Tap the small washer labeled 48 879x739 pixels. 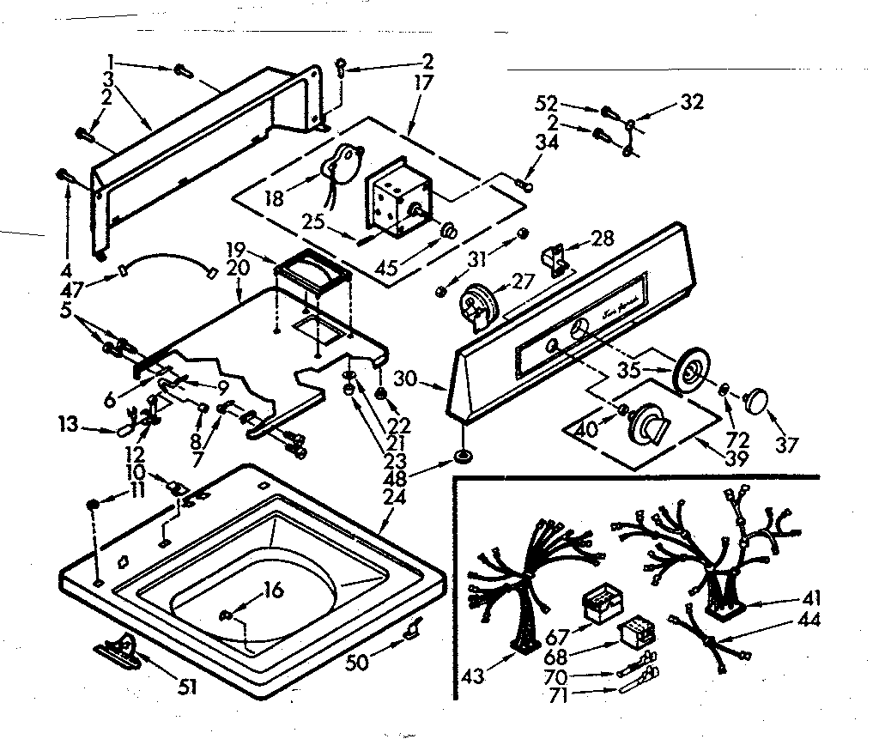click(464, 457)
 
